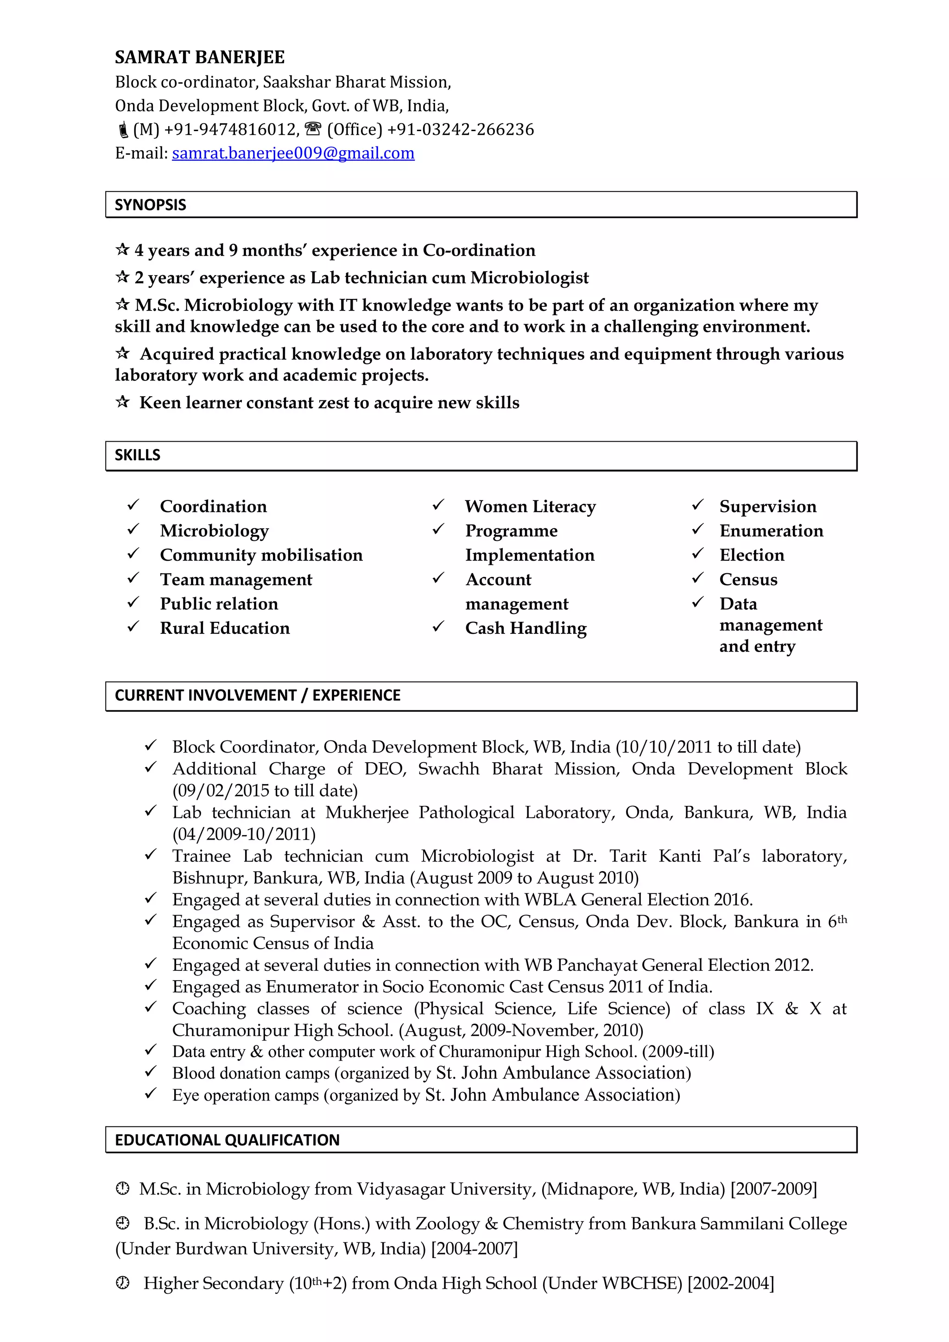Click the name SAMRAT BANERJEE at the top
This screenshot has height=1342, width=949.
coord(199,57)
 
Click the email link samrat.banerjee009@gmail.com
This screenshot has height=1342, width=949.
coord(293,153)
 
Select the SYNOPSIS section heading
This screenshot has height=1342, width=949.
coord(150,204)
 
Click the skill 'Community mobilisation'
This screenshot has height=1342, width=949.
coord(261,555)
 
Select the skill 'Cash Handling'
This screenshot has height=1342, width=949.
coord(525,628)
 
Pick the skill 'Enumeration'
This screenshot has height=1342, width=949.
coord(771,531)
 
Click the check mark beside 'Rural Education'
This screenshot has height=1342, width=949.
coord(133,627)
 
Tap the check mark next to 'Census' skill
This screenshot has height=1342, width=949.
coord(698,578)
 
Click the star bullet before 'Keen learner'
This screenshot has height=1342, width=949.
coord(122,402)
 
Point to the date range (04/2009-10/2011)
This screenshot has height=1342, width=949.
coord(244,834)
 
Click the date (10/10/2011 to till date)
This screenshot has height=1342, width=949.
coord(708,747)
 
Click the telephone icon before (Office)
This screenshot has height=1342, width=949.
coord(313,128)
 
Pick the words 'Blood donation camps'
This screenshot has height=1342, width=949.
coord(251,1073)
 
